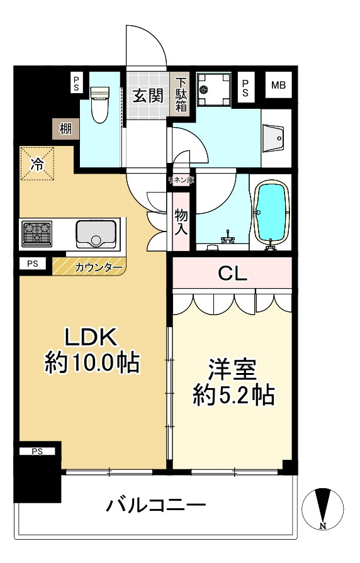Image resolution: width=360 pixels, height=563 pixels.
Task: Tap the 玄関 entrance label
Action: coord(149,96)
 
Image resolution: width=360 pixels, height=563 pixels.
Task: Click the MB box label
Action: coord(278,86)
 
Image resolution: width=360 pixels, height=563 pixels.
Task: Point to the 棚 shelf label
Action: coord(65,129)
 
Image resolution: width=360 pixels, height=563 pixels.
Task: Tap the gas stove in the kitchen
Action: coord(37,233)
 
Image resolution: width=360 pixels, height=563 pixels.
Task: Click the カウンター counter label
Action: coord(99,267)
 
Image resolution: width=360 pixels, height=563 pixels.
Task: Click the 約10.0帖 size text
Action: coord(92,363)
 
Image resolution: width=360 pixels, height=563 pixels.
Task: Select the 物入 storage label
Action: coord(181,221)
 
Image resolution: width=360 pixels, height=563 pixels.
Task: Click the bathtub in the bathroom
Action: coord(273,213)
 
